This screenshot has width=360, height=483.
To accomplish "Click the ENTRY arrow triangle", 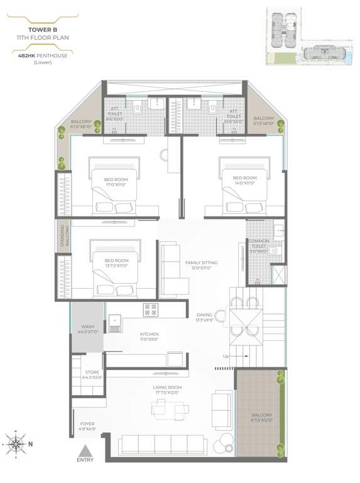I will (85, 451).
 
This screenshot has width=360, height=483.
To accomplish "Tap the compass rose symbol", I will (16, 443).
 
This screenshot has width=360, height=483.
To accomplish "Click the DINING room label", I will (205, 318).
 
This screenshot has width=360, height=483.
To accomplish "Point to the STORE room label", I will (92, 375).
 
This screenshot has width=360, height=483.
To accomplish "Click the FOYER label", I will (87, 427).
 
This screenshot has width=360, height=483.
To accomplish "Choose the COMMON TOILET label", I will (258, 246).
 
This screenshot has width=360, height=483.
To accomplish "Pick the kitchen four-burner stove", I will (151, 309).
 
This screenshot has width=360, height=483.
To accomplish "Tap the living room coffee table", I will (166, 410).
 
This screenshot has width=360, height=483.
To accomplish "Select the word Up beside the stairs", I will (225, 358).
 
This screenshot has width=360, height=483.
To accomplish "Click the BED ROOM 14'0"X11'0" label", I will (244, 181).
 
